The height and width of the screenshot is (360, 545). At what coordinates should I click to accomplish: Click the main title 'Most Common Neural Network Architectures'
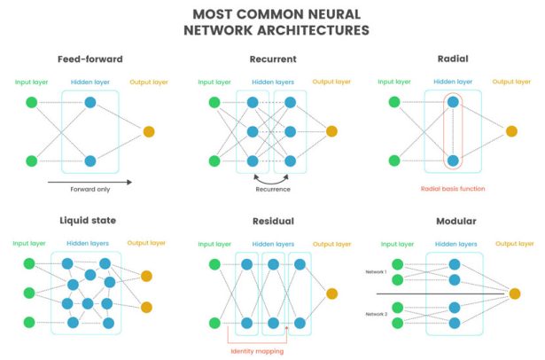[272, 22]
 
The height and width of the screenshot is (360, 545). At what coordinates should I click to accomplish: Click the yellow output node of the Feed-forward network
[148, 131]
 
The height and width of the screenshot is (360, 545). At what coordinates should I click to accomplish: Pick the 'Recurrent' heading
[273, 60]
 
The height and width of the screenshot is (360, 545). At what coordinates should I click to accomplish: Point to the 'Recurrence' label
[273, 188]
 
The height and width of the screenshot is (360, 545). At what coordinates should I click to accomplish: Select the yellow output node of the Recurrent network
[331, 131]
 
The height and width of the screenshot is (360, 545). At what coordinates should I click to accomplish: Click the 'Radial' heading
[453, 60]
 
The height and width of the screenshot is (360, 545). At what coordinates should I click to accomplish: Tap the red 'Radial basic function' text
[453, 188]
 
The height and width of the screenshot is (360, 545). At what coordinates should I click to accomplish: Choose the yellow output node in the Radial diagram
[511, 131]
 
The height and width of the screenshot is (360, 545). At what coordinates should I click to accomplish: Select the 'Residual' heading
[273, 221]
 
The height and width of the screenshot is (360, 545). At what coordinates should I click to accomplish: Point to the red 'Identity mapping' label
[257, 349]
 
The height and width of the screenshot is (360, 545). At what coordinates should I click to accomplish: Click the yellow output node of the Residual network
[331, 293]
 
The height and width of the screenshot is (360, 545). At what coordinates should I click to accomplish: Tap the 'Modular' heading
[453, 221]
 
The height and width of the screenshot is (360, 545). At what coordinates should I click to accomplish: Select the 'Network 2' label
[377, 315]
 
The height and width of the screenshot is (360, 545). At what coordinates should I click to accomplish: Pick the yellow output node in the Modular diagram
[514, 293]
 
